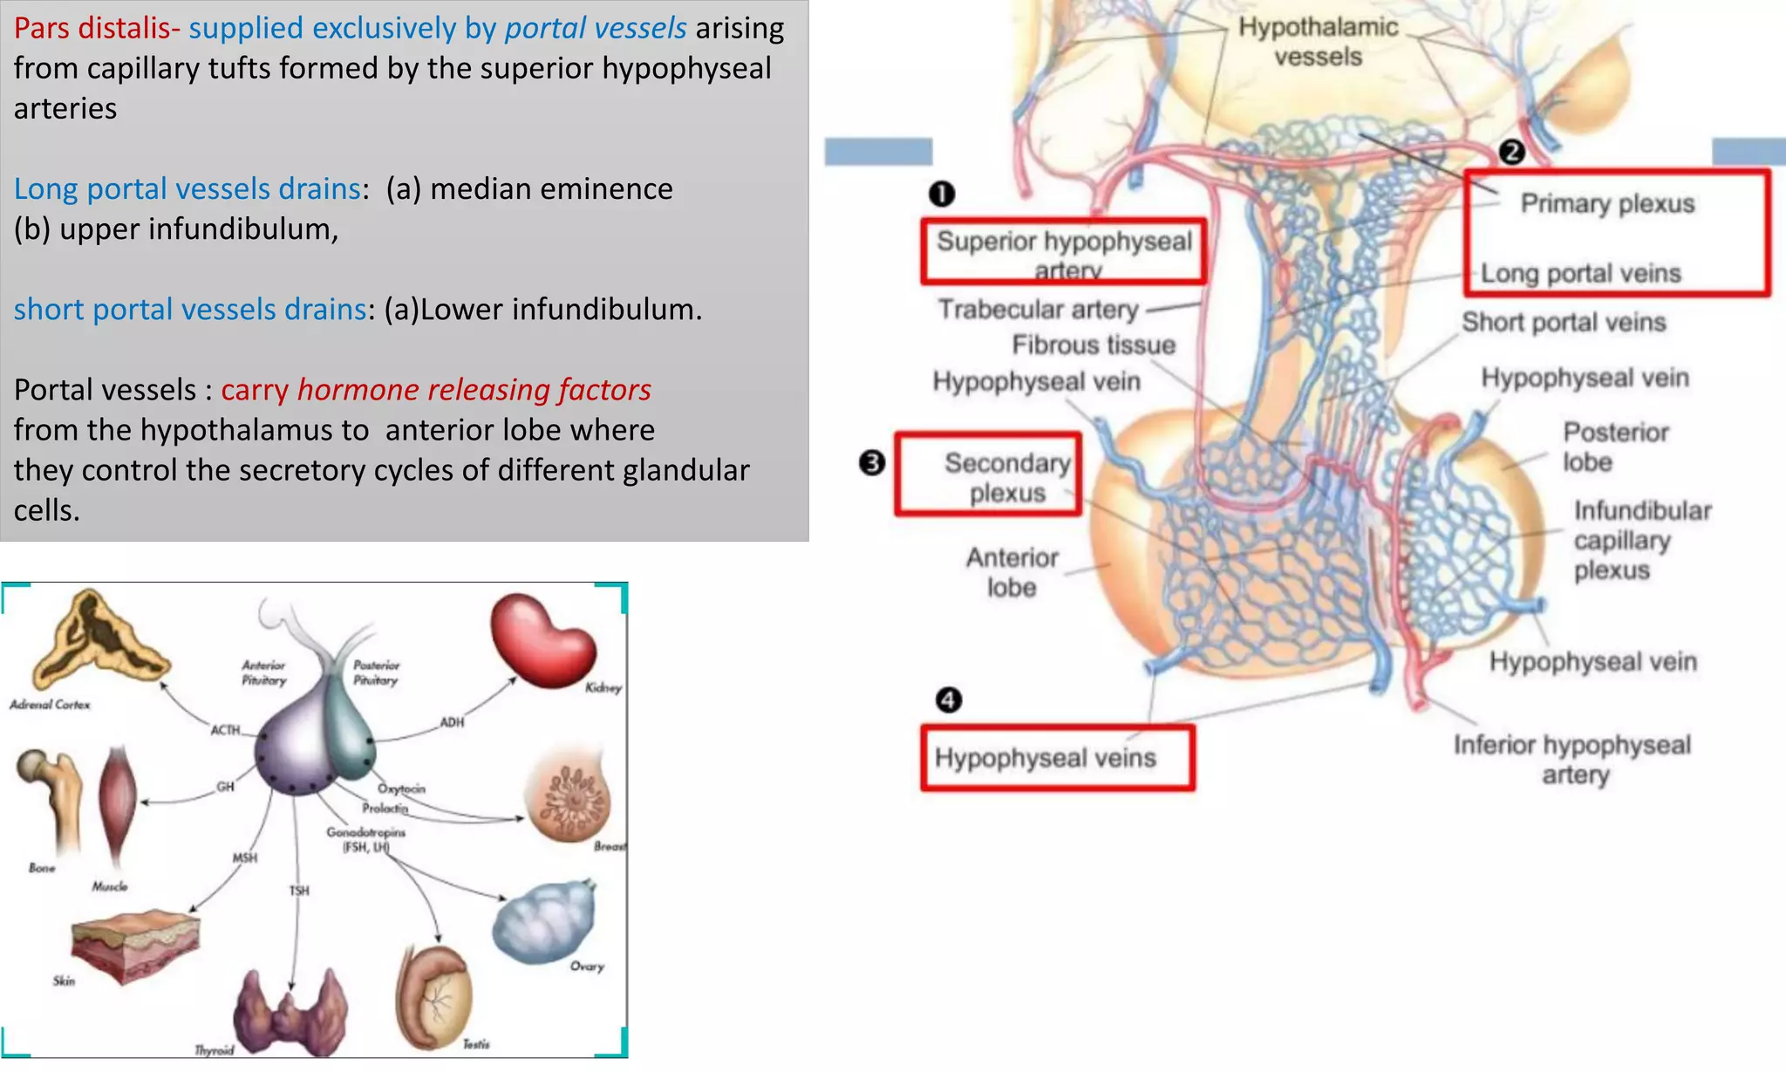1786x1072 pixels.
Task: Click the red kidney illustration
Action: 542,640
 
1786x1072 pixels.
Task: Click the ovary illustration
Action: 544,921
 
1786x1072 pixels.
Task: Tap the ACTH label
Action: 225,730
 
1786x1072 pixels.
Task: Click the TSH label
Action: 299,891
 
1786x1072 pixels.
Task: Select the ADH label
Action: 452,722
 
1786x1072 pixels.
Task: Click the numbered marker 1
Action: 942,194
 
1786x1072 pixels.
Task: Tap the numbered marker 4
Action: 948,700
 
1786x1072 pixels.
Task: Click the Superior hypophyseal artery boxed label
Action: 1064,252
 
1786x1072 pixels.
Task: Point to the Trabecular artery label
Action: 1039,310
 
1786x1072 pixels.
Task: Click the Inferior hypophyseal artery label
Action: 1572,759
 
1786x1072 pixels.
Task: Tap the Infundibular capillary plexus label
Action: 1641,540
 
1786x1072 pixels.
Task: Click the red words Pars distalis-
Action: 97,28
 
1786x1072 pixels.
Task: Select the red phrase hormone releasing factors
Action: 474,390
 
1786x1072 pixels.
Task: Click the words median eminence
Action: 551,188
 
